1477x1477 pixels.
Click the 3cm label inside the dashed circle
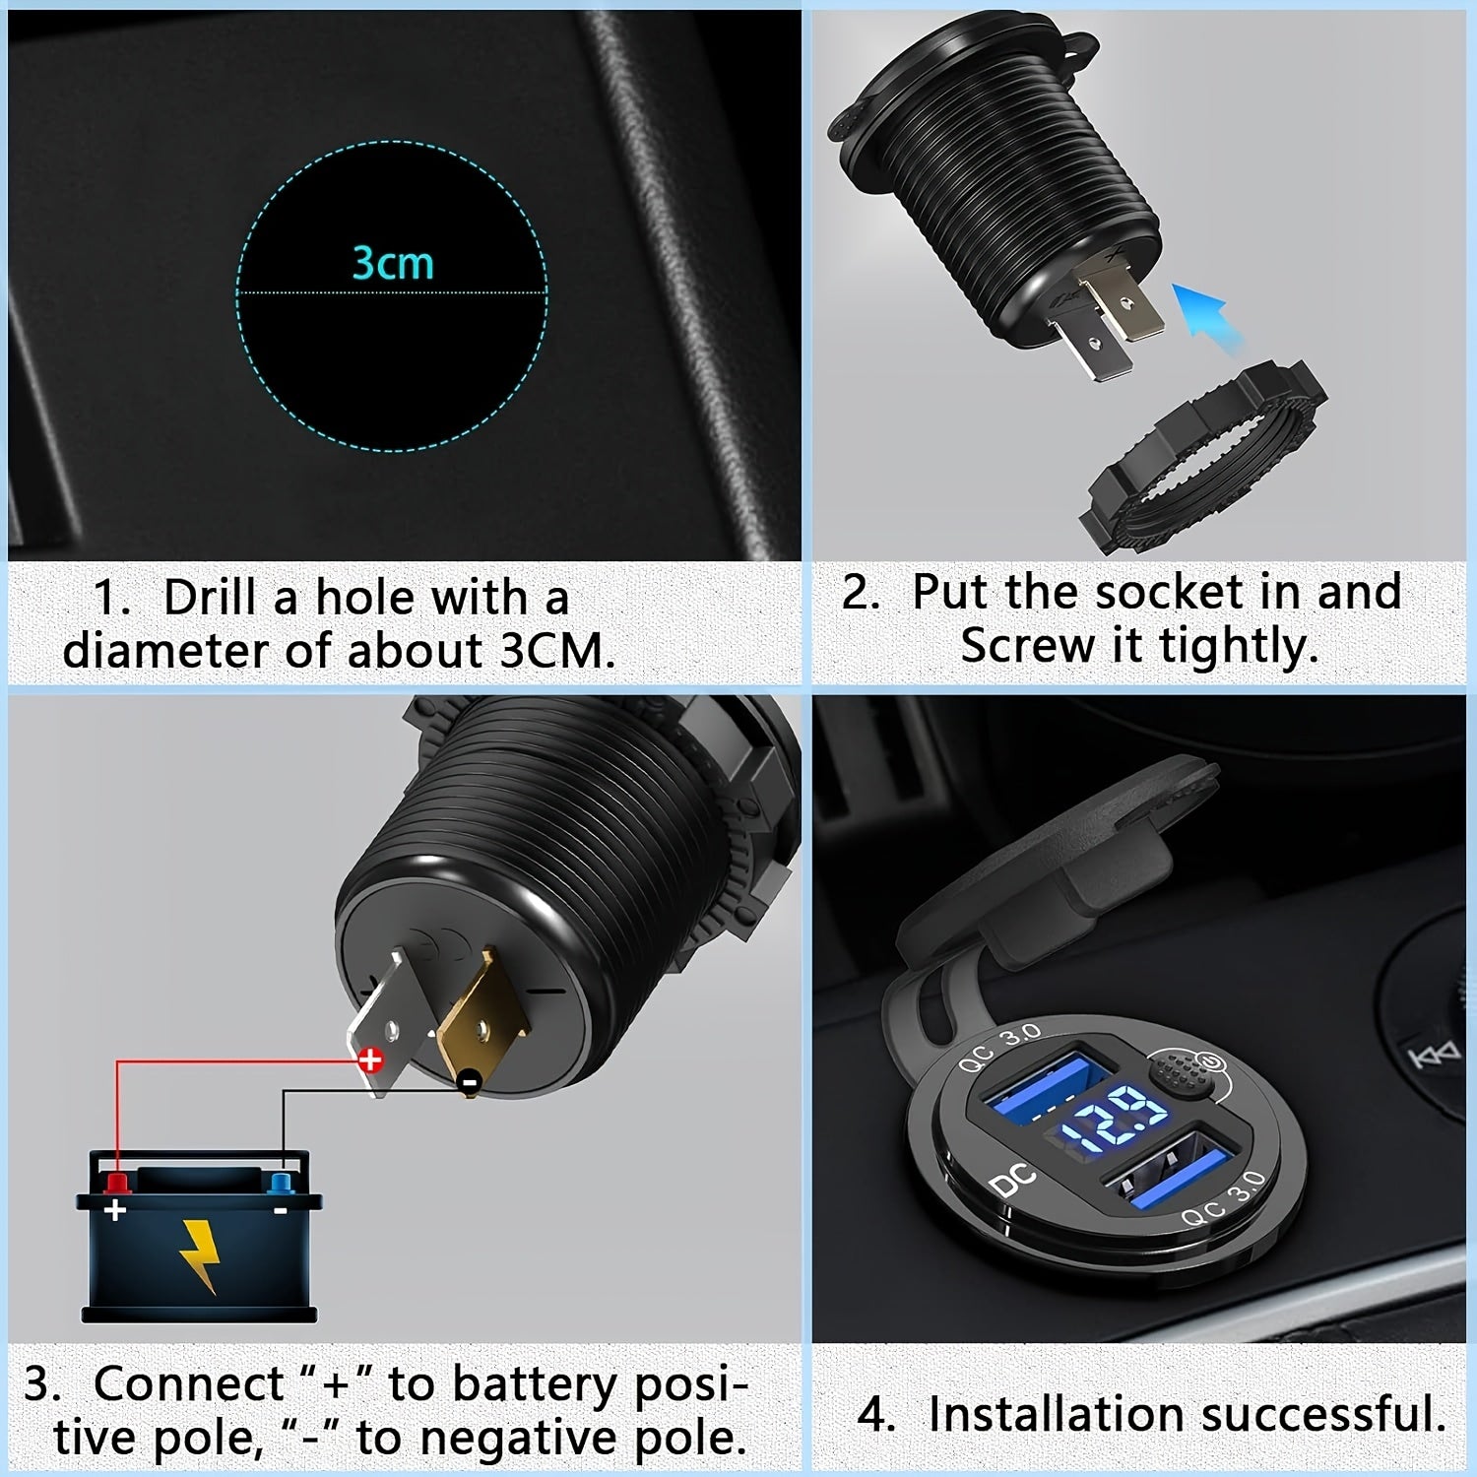click(x=393, y=264)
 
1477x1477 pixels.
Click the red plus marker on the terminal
click(x=370, y=1060)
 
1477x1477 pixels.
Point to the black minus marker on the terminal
click(x=470, y=1082)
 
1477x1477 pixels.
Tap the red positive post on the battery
click(x=117, y=1181)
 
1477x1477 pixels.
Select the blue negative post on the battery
click(x=280, y=1181)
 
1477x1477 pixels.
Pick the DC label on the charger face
click(x=1013, y=1179)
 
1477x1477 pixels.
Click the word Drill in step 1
click(x=210, y=598)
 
